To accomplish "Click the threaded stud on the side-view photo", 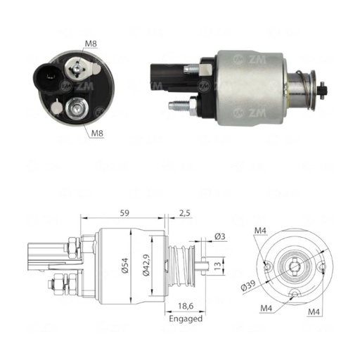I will coord(181,106).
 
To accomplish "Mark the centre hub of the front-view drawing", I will coord(294,266).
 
